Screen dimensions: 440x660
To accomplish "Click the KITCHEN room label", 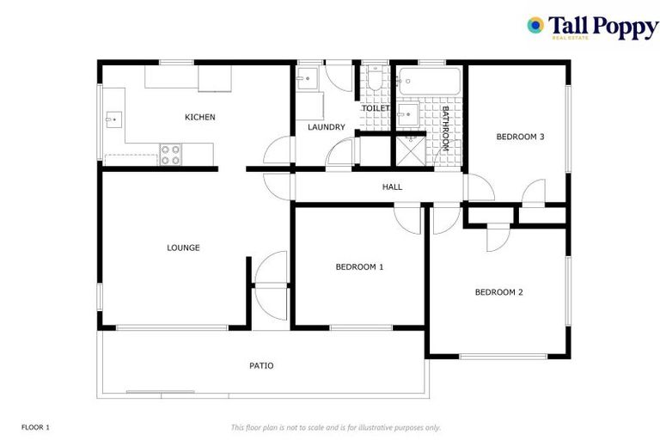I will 200,117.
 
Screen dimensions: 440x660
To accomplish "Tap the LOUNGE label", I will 183,247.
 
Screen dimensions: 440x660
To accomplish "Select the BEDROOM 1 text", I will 359,266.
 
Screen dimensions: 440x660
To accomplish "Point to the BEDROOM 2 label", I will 498,292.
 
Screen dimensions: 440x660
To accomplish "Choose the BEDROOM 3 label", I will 520,136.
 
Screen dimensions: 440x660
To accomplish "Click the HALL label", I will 392,186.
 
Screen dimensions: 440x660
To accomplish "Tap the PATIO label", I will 261,365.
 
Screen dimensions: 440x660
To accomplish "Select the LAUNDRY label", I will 327,127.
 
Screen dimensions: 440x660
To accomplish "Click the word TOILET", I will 376,109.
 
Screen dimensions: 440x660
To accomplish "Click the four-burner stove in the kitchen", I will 171,154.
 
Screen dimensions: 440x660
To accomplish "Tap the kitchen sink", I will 113,119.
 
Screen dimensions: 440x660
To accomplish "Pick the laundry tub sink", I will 307,80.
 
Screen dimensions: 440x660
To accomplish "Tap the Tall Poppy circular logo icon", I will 535,26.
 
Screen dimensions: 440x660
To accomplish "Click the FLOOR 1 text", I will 36,427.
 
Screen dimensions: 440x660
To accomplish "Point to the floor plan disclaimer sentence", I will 336,427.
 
